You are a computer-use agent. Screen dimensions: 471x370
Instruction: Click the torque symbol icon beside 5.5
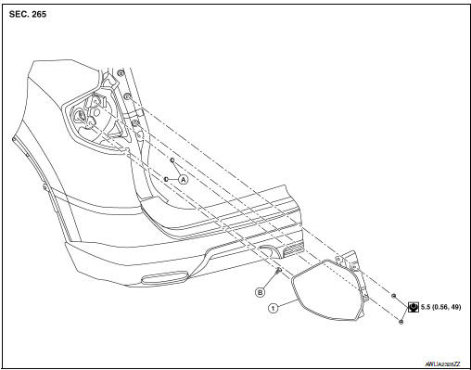(x=412, y=307)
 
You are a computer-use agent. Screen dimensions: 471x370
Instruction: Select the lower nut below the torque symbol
(x=400, y=321)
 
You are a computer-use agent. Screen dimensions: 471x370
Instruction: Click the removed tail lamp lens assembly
(x=329, y=292)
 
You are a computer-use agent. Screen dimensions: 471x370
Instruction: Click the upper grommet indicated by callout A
(x=172, y=160)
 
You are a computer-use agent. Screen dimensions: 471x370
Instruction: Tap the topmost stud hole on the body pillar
(x=121, y=73)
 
